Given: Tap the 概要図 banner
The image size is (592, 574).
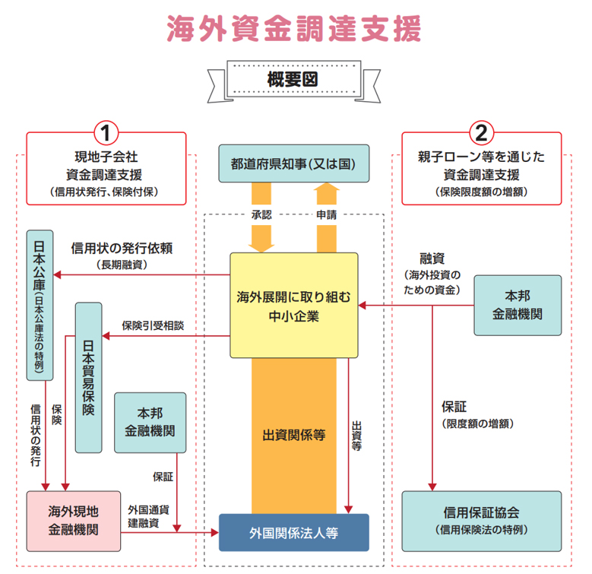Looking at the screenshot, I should (x=293, y=78).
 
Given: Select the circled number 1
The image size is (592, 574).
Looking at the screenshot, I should (x=106, y=134).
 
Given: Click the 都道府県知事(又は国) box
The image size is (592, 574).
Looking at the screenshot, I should (x=293, y=163).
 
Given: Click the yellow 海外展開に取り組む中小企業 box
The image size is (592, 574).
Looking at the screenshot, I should (x=293, y=304).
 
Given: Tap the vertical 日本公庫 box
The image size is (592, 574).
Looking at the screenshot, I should (x=39, y=304).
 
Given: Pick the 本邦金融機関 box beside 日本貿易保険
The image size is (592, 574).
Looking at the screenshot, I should (x=149, y=422).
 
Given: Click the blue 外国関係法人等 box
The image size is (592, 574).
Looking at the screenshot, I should (x=293, y=532).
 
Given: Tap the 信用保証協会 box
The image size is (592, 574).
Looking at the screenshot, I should (x=480, y=521).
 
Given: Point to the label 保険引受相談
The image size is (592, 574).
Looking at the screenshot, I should (x=153, y=325).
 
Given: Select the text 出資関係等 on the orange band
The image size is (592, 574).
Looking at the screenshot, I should (x=293, y=436).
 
